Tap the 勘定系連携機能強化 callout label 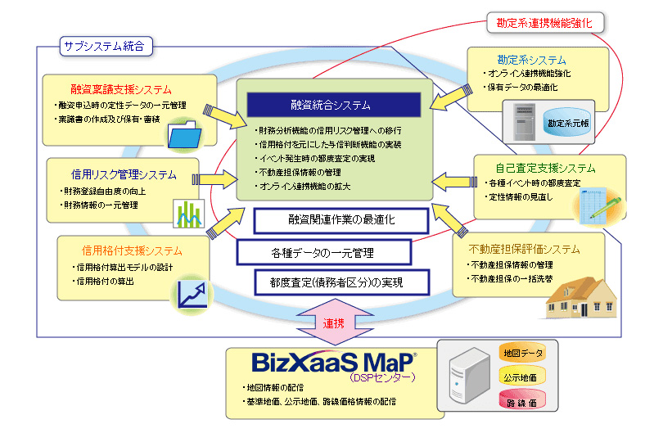(x=544, y=22)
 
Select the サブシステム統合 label (x=103, y=47)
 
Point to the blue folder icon (x=184, y=132)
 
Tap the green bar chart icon (x=189, y=213)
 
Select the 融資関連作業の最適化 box (x=341, y=220)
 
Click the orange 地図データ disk (x=522, y=354)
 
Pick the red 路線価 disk (x=522, y=402)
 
